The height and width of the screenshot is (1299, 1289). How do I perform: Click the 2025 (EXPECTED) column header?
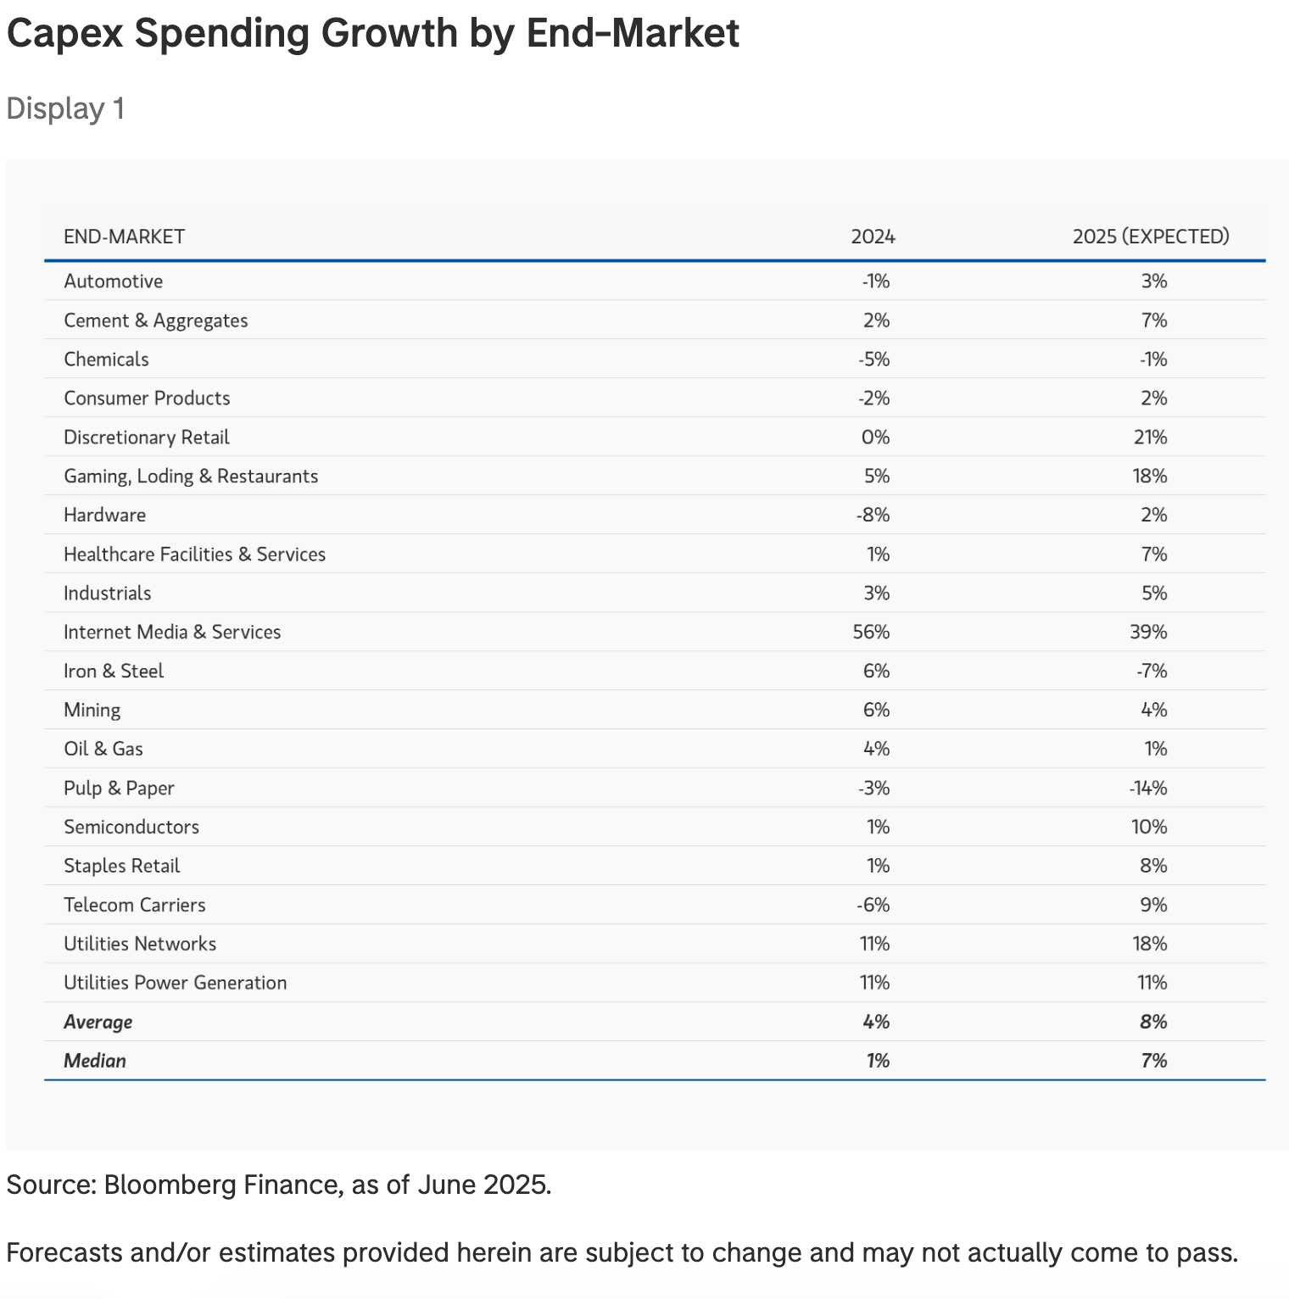1150,237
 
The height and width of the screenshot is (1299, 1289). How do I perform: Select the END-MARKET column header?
124,237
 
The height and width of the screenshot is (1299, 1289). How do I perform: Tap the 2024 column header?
873,237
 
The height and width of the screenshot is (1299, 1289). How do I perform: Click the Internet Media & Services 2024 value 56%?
871,632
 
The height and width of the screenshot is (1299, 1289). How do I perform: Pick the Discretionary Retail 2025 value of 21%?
1149,438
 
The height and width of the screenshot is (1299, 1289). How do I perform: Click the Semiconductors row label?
131,827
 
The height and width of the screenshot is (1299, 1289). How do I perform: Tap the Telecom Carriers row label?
135,905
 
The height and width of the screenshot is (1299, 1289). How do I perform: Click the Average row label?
98,1022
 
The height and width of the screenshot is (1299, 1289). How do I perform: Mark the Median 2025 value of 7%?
1153,1061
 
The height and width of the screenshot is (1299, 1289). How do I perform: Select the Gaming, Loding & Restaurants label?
191,477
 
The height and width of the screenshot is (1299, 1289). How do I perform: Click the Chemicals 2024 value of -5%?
873,360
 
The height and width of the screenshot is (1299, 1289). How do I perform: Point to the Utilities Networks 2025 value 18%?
1149,944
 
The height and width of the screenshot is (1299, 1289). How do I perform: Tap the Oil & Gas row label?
103,749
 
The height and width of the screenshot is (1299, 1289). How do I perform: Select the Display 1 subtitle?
65,109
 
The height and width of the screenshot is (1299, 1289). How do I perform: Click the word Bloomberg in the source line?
170,1184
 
